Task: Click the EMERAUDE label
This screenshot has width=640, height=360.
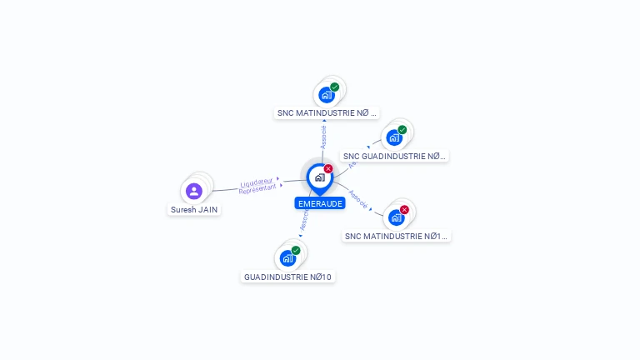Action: click(x=319, y=203)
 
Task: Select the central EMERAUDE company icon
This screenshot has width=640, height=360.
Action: click(x=319, y=177)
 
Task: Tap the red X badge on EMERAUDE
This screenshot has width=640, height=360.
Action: click(x=328, y=168)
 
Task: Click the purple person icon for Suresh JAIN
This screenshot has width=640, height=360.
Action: click(x=194, y=191)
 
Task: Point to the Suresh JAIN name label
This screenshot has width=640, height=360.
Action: click(x=195, y=210)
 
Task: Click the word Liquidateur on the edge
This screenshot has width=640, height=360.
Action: click(x=257, y=182)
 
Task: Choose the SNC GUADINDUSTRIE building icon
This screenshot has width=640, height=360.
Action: click(x=394, y=137)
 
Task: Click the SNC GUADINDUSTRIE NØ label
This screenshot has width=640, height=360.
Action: click(x=394, y=156)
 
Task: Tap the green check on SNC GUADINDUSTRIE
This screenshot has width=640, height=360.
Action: click(x=402, y=129)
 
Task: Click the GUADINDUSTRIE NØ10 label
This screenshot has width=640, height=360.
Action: click(x=287, y=277)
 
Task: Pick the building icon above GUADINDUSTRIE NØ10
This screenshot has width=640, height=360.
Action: click(x=287, y=258)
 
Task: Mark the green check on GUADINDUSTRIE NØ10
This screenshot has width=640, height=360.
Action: click(x=296, y=250)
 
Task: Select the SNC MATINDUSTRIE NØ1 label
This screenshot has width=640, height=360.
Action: click(x=397, y=236)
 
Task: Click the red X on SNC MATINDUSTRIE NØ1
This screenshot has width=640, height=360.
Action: click(x=405, y=209)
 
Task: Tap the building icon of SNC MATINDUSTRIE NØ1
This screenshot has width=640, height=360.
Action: click(x=396, y=217)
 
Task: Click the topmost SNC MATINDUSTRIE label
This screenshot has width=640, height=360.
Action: click(x=327, y=112)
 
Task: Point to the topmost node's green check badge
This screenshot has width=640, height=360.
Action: click(x=335, y=87)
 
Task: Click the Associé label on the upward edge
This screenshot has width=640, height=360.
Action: click(x=324, y=137)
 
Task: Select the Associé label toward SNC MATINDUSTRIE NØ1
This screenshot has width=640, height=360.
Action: click(x=358, y=197)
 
